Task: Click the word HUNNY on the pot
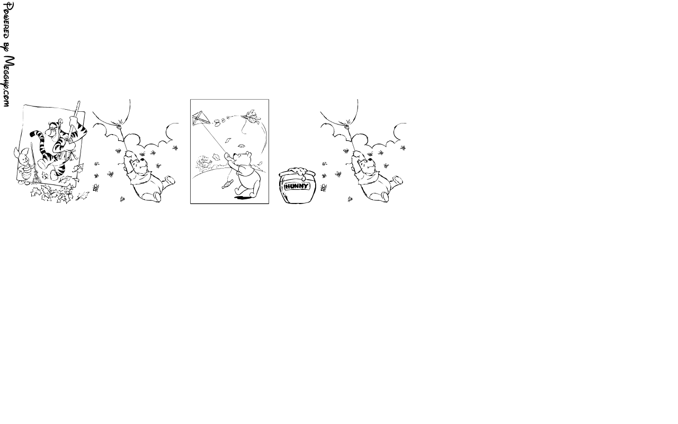click(x=297, y=186)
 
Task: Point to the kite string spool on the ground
click(x=227, y=184)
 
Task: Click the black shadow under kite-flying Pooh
click(x=244, y=198)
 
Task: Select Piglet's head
click(x=22, y=156)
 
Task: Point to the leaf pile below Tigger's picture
click(x=52, y=194)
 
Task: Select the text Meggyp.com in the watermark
click(x=8, y=81)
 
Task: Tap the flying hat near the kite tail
click(x=251, y=115)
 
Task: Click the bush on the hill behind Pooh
click(x=204, y=164)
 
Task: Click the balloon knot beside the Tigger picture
click(x=120, y=122)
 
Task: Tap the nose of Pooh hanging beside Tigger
click(x=142, y=160)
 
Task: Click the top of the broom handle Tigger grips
click(x=79, y=103)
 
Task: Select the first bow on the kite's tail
click(x=217, y=122)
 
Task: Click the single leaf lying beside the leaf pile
click(x=82, y=196)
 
